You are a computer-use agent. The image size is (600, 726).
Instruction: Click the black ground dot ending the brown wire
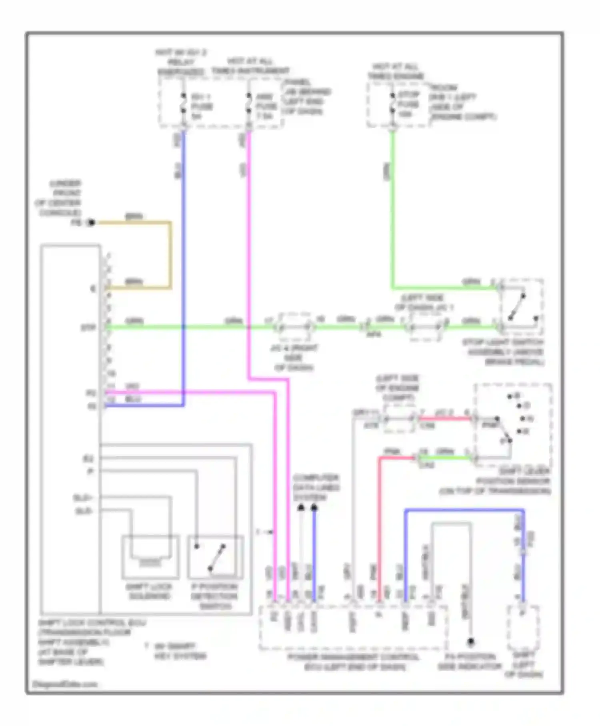pyautogui.click(x=92, y=223)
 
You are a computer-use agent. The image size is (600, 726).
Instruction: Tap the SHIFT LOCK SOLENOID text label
pyautogui.click(x=149, y=592)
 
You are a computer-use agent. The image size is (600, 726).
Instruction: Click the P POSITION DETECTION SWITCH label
pyautogui.click(x=214, y=596)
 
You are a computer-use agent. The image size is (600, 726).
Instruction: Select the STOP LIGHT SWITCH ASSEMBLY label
pyautogui.click(x=503, y=352)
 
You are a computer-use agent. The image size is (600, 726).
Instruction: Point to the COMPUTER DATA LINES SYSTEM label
pyautogui.click(x=316, y=487)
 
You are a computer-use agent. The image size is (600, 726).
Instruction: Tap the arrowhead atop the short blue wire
pyautogui.click(x=314, y=508)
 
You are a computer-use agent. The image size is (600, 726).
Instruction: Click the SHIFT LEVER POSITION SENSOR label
pyautogui.click(x=496, y=481)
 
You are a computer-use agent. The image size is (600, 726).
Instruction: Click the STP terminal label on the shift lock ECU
pyautogui.click(x=89, y=328)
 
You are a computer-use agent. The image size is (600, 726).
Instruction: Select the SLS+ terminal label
pyautogui.click(x=83, y=498)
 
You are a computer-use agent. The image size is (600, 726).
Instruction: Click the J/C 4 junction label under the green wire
pyautogui.click(x=294, y=357)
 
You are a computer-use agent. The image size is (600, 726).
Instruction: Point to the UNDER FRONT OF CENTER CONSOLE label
pyautogui.click(x=59, y=198)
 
